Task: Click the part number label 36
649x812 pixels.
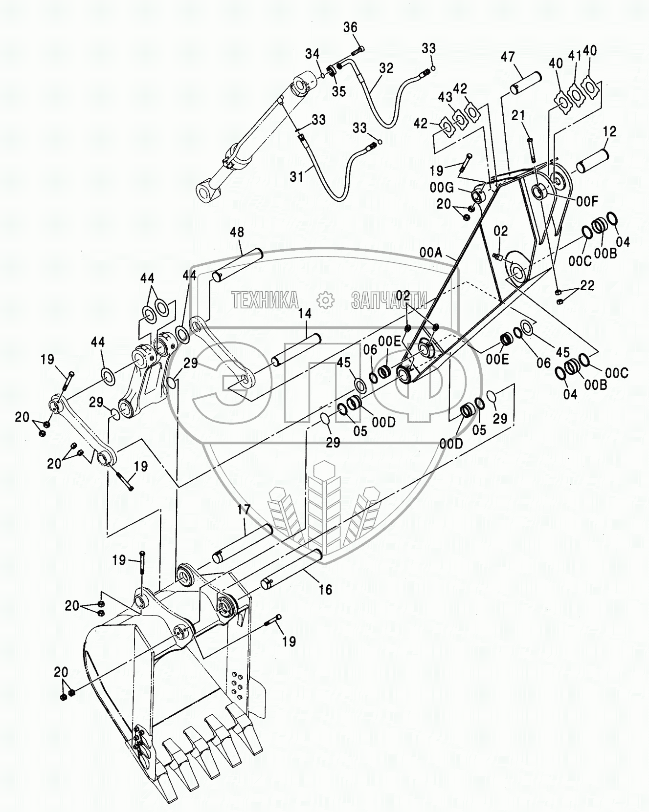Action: pyautogui.click(x=350, y=27)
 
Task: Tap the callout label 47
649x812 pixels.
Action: pyautogui.click(x=508, y=57)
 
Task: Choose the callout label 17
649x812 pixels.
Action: pyautogui.click(x=244, y=510)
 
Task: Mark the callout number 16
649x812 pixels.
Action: pyautogui.click(x=325, y=590)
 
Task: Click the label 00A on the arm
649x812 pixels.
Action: pyautogui.click(x=431, y=252)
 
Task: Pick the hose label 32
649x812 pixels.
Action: pyautogui.click(x=386, y=68)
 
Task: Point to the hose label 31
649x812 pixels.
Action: pyautogui.click(x=296, y=176)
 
